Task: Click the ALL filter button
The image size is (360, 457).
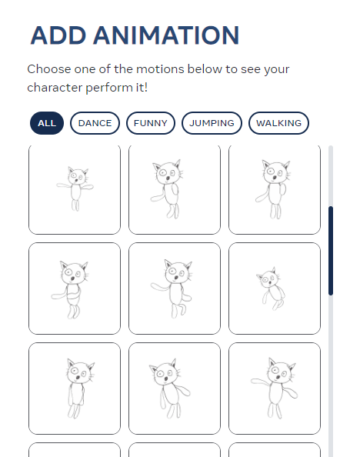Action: pos(47,123)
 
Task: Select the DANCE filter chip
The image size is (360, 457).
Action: pos(95,123)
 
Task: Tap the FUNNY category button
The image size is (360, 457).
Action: pos(151,123)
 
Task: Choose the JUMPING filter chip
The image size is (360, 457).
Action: pos(212,123)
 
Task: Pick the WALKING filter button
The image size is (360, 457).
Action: pos(278,123)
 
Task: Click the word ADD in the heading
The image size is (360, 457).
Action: pos(58,35)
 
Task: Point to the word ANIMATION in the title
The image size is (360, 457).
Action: pos(166,35)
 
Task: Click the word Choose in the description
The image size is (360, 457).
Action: pos(49,69)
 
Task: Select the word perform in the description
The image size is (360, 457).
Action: pos(109,88)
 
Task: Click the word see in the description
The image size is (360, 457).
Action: pos(251,70)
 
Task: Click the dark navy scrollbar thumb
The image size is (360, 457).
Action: pos(331,251)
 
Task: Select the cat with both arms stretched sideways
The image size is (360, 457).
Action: pos(75,189)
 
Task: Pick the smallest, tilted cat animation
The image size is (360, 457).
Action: pos(275,289)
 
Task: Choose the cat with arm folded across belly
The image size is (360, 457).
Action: pos(75,289)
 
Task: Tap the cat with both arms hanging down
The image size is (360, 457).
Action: pos(75,389)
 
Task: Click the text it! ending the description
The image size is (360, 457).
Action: pos(142,88)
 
